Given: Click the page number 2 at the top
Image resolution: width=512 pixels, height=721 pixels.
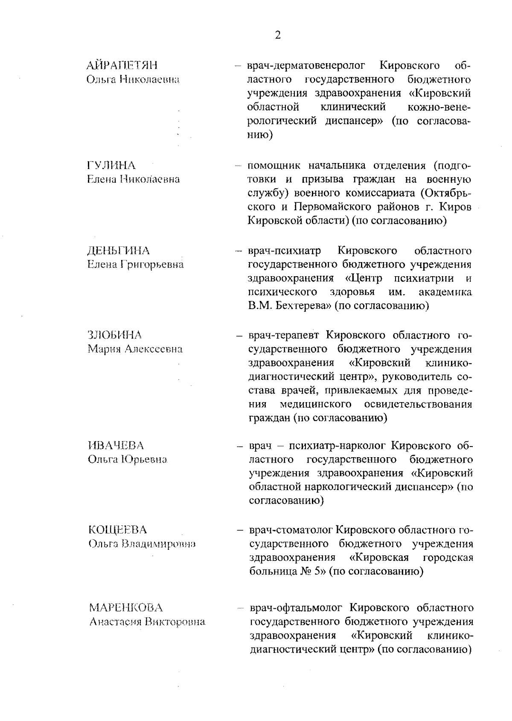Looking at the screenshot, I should click(278, 35).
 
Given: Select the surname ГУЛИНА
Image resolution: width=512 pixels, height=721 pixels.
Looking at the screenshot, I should click(111, 165).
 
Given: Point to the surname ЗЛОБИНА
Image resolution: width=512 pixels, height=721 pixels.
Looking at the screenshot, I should click(115, 335).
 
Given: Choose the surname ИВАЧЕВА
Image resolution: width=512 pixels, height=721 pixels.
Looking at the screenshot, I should click(116, 446).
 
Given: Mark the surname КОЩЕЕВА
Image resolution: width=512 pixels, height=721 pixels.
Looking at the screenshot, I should click(117, 530).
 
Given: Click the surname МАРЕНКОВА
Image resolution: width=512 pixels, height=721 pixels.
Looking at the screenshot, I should click(126, 607).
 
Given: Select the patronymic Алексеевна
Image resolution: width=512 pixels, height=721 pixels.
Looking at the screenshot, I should click(154, 349).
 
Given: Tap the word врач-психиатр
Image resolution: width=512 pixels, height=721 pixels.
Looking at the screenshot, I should click(285, 251).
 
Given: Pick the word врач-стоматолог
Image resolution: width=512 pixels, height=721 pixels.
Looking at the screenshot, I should click(291, 530).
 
